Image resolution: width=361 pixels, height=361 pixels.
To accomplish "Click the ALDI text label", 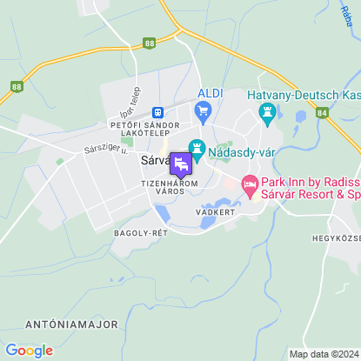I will (x=210, y=93).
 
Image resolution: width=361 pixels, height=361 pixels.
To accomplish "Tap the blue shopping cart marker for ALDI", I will (x=204, y=110).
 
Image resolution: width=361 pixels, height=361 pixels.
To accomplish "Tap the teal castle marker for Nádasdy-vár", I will (x=197, y=150).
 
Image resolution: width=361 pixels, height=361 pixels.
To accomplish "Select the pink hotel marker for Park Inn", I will (x=249, y=183).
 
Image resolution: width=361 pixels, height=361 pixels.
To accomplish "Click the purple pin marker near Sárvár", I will (x=181, y=164).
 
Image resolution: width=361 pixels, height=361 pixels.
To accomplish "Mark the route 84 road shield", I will (x=322, y=112).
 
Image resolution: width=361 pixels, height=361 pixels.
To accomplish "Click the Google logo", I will (x=29, y=350).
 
